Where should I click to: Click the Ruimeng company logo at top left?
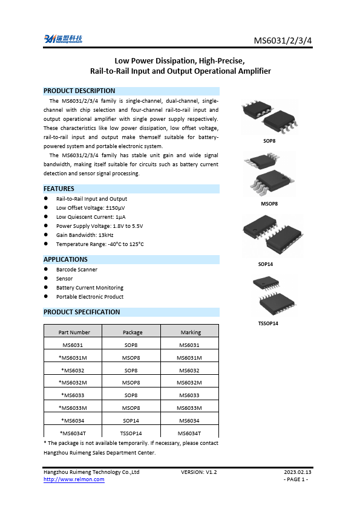63,39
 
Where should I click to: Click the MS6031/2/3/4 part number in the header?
282,41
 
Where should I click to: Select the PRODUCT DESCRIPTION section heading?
79,91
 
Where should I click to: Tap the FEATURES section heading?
59,189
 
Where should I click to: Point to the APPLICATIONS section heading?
66,259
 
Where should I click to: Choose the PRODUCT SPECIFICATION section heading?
82,312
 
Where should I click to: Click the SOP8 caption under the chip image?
269,141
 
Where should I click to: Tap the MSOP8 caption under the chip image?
269,204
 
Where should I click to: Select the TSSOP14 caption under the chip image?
269,323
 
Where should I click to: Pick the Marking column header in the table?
191,332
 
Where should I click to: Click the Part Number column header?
74,332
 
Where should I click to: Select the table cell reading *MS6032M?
74,382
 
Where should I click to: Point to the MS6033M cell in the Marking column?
189,407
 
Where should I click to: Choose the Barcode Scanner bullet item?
77,270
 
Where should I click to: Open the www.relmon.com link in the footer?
74,479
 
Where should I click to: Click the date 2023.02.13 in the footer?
298,472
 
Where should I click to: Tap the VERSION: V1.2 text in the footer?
198,472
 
